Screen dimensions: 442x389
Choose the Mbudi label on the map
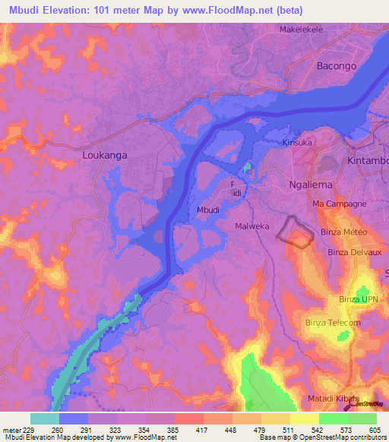[x=208, y=210]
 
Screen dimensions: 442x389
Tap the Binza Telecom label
[x=333, y=323]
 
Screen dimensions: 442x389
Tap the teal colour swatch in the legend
[x=44, y=418]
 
